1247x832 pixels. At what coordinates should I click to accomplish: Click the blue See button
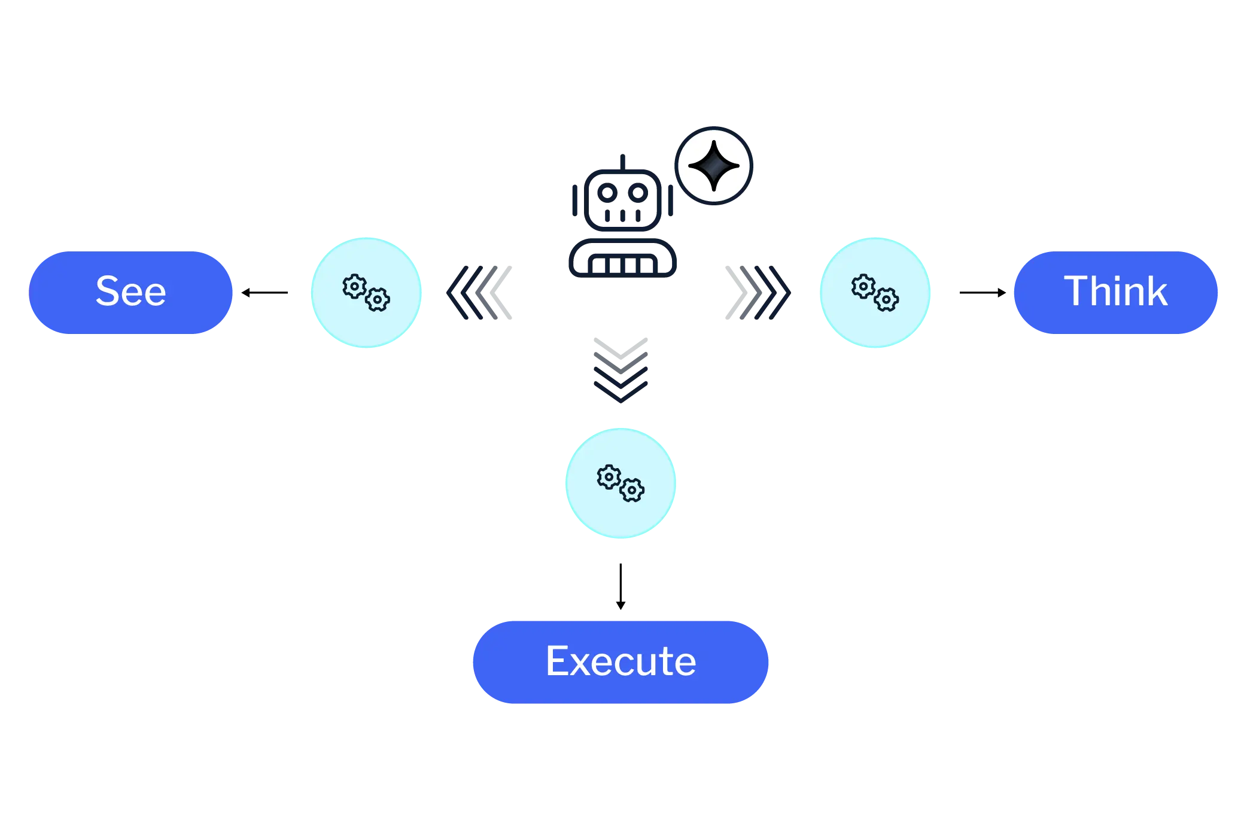pos(131,292)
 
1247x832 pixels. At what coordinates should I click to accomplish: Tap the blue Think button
pos(1117,292)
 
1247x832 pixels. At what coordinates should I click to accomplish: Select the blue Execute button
pos(621,661)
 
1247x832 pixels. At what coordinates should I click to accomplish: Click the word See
pos(131,291)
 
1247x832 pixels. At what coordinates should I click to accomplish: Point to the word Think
pos(1115,291)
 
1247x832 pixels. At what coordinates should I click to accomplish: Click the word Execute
pos(621,661)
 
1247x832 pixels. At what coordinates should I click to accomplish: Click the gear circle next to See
pos(367,292)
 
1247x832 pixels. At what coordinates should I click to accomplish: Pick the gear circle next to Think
pos(875,292)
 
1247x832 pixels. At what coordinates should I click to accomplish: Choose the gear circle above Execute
pos(621,483)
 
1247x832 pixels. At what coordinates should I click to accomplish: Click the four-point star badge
pos(714,166)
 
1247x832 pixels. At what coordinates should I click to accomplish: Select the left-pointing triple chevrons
pos(479,292)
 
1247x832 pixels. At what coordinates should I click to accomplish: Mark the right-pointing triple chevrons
pos(759,292)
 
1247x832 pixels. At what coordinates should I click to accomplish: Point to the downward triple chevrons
pos(622,371)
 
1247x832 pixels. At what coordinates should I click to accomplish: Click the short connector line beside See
pos(266,292)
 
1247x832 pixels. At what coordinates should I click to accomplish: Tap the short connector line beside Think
pos(981,292)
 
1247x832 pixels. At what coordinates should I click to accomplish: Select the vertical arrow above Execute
pos(620,586)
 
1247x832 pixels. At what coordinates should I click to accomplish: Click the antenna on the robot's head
pos(622,160)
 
